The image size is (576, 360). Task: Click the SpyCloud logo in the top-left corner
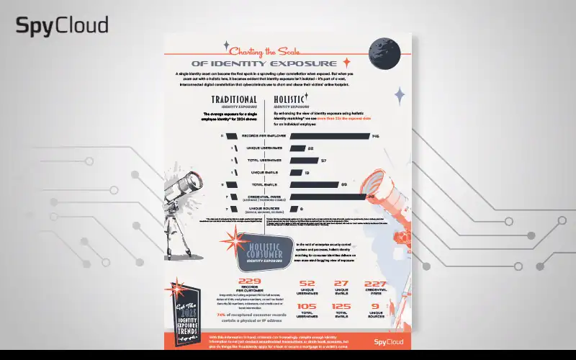(x=62, y=27)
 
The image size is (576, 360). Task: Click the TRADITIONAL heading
(x=234, y=99)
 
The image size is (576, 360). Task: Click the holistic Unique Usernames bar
(x=297, y=148)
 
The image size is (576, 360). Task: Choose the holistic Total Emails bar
(x=313, y=184)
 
